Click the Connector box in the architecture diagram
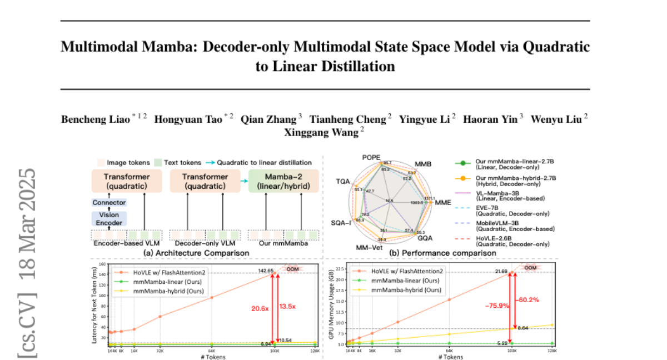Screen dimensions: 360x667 pos(109,203)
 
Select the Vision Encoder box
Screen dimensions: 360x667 pos(109,218)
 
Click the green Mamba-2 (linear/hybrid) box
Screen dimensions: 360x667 pos(282,181)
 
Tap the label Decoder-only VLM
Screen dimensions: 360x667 pos(201,243)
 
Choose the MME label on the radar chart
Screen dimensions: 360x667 pos(443,203)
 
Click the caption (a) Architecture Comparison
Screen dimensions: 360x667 pos(196,253)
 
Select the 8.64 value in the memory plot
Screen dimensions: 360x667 pos(525,329)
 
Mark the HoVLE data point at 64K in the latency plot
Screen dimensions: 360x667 pos(212,298)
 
